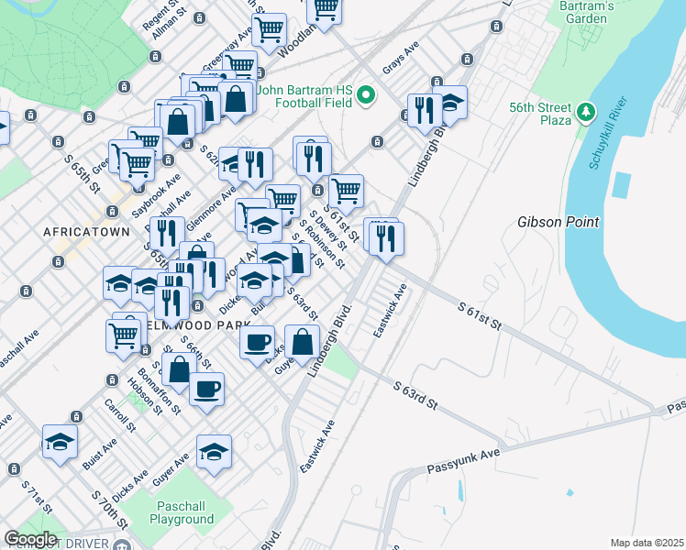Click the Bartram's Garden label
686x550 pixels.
[x=609, y=12]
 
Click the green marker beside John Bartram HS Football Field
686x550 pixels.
[x=367, y=95]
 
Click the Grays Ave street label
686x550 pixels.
[x=402, y=62]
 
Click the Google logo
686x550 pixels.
[x=30, y=538]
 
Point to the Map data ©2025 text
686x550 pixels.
[x=646, y=543]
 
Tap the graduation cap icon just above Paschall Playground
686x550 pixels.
[x=214, y=451]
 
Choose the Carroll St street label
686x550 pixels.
[x=119, y=414]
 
